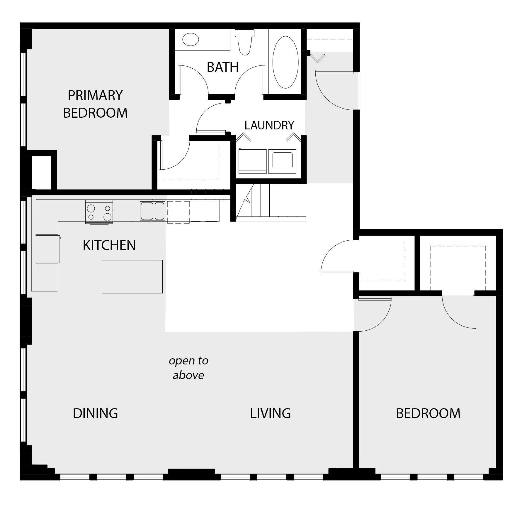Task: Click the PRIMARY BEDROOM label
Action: tap(95, 104)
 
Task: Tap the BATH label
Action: tap(223, 67)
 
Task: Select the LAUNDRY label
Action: tap(269, 125)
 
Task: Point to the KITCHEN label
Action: tap(109, 245)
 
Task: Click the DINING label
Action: tap(95, 413)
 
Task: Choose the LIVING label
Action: tap(270, 413)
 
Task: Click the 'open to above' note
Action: tap(188, 368)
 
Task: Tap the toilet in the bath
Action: tap(245, 43)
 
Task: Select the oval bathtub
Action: tap(285, 62)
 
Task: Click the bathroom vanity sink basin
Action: tap(191, 39)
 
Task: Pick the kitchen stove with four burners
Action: tap(99, 212)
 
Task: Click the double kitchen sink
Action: tap(152, 211)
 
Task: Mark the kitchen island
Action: tap(132, 276)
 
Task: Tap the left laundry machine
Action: tap(252, 161)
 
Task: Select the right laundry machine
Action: tap(282, 161)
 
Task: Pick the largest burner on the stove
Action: tap(108, 217)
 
